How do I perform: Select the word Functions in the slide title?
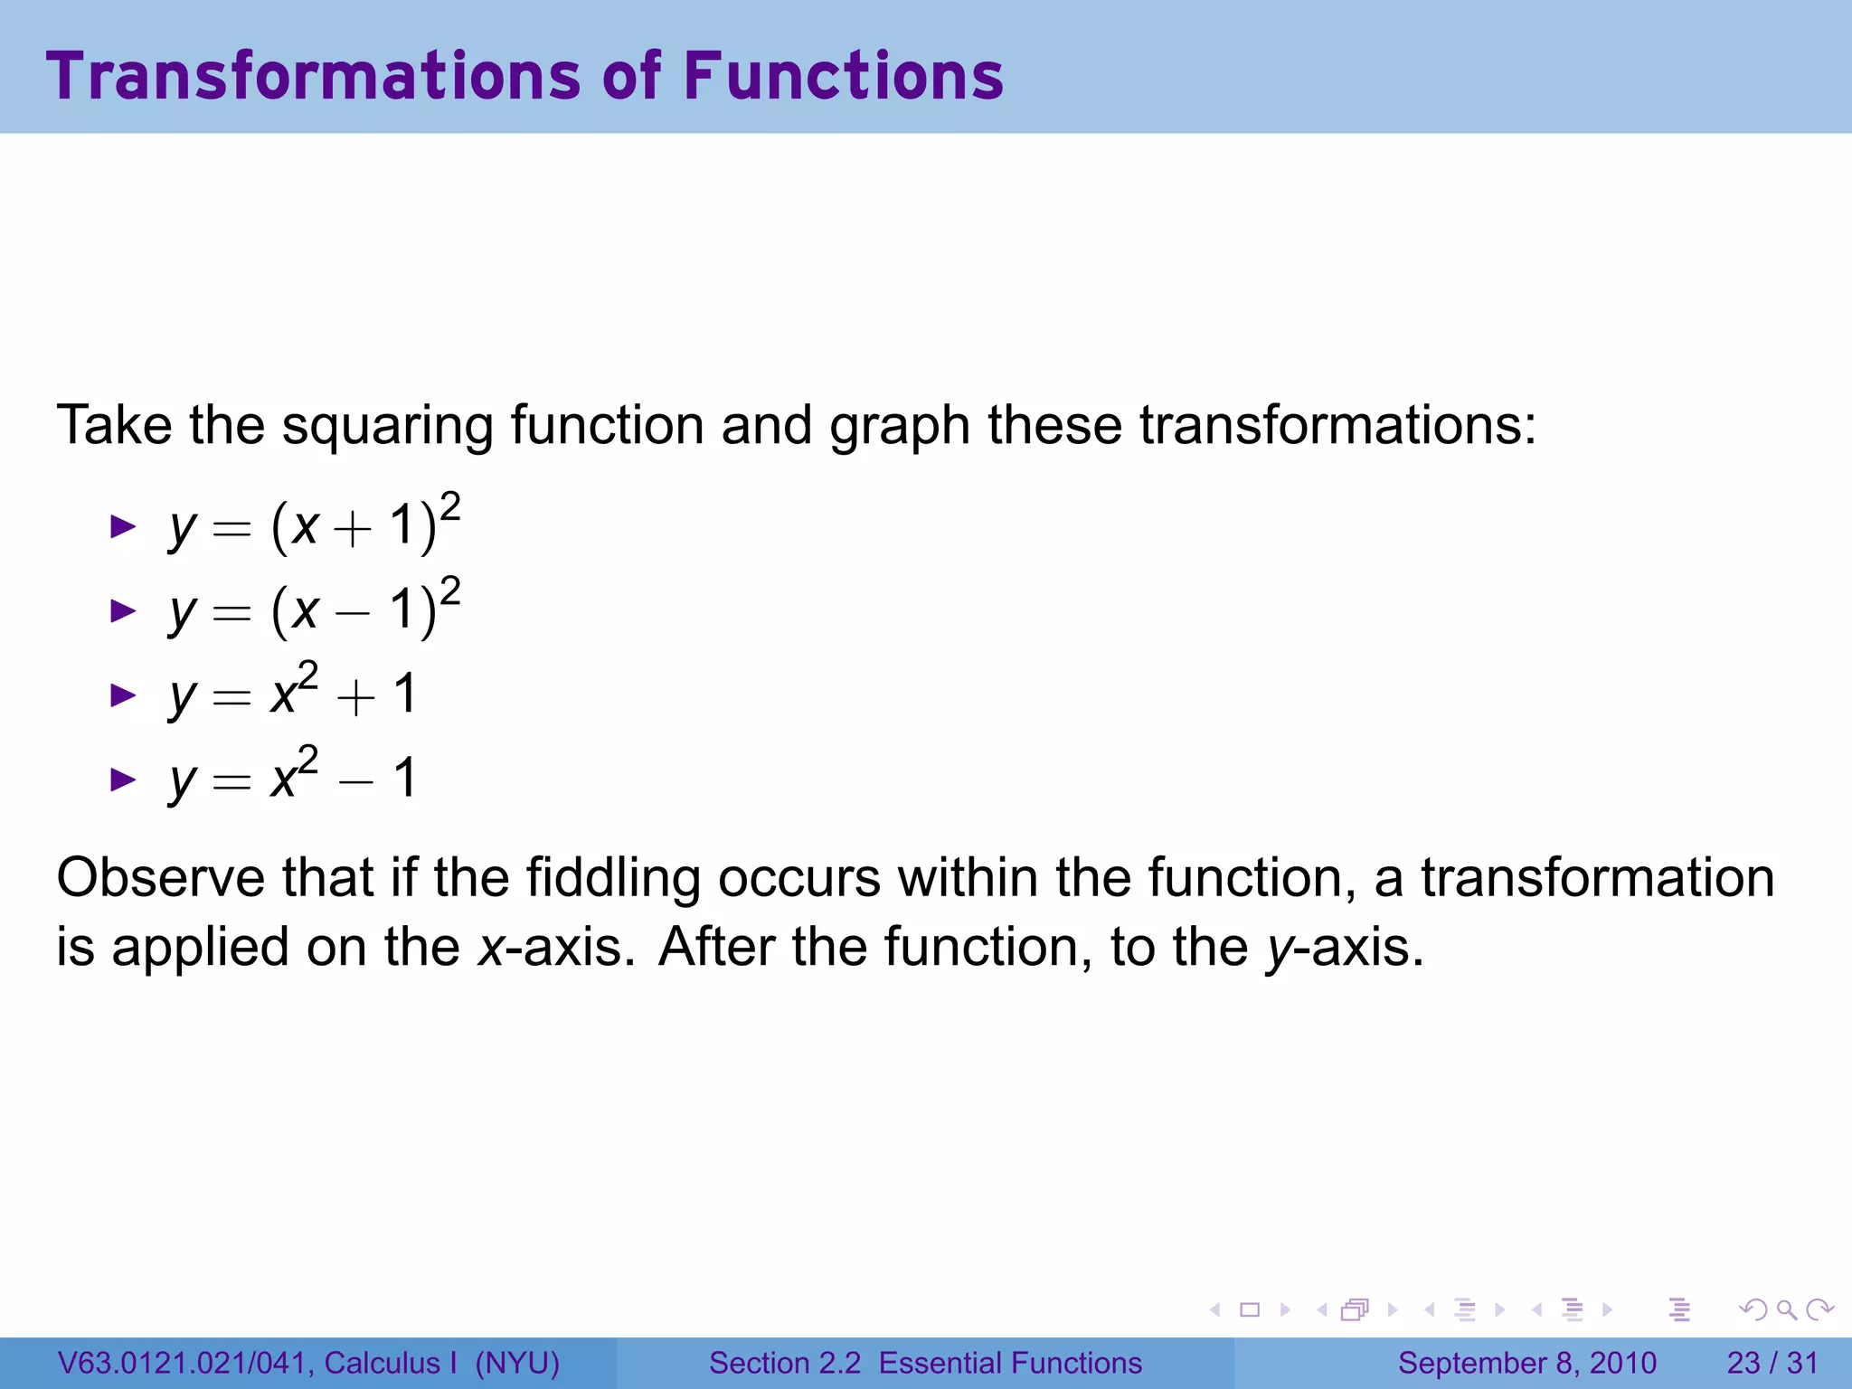[843, 76]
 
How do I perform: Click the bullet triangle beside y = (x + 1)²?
[122, 526]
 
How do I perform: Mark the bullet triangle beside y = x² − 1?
[122, 779]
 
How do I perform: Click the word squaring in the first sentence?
[387, 425]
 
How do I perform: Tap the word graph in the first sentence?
[899, 425]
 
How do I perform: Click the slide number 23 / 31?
[1772, 1363]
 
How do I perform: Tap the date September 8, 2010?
[1526, 1363]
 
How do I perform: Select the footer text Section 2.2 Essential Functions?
[925, 1363]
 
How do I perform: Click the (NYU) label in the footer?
[517, 1363]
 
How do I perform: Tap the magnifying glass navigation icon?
[1786, 1309]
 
